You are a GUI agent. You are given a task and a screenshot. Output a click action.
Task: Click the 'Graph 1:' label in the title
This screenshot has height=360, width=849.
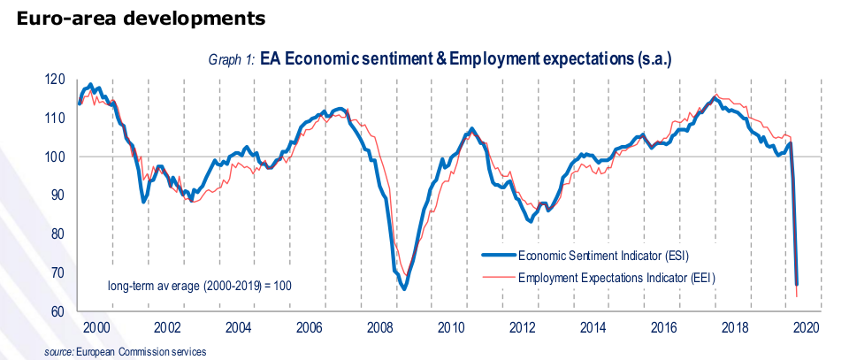tap(232, 60)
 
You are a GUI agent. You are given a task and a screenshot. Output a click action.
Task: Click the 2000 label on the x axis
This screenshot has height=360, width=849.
tap(96, 326)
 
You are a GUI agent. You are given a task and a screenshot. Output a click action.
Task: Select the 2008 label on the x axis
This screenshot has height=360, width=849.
tap(380, 326)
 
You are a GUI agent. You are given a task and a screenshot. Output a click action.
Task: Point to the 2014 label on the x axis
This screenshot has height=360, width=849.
tap(594, 326)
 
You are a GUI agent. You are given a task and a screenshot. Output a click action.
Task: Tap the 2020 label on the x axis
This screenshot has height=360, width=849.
tap(807, 326)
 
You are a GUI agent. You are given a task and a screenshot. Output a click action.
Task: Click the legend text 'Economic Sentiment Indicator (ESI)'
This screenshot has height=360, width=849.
tap(603, 256)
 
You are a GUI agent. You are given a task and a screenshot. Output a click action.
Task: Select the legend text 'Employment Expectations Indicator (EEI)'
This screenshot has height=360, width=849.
tap(616, 278)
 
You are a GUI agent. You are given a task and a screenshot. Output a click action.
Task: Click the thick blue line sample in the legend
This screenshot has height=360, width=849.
tap(497, 256)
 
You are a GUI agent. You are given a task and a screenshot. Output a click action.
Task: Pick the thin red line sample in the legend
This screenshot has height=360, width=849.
tap(497, 278)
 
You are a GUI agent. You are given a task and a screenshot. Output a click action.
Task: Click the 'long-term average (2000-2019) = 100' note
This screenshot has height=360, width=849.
tap(200, 287)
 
